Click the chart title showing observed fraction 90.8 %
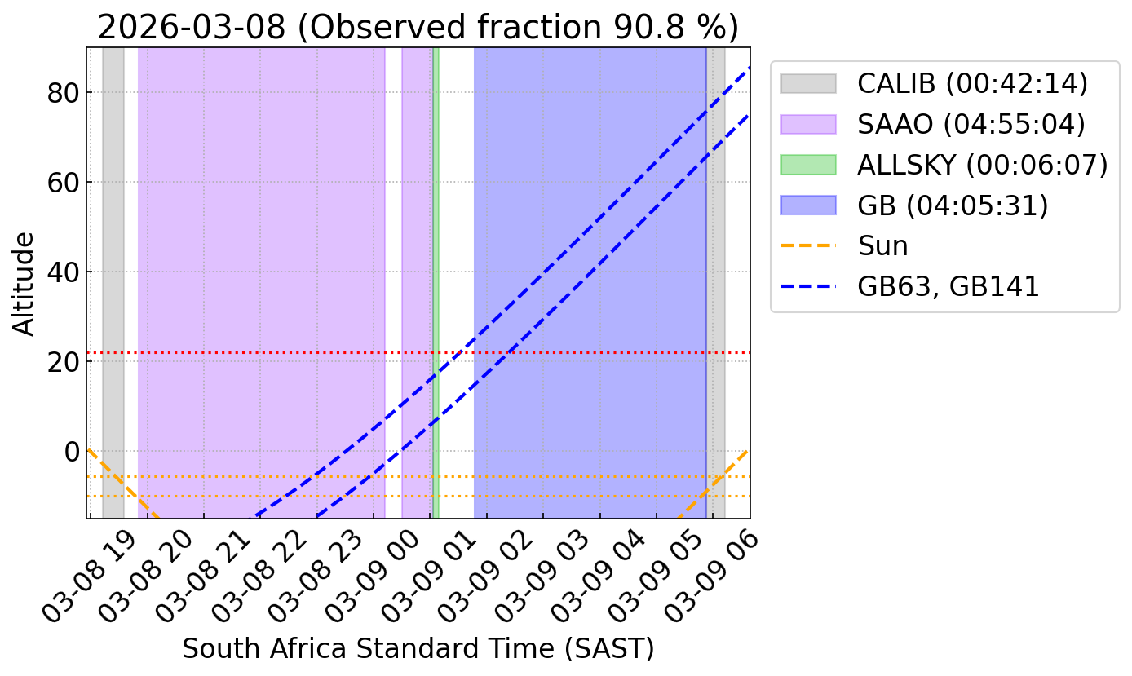click(418, 27)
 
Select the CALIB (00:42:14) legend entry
click(934, 83)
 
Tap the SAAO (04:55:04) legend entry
click(933, 124)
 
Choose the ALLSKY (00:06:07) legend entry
click(944, 165)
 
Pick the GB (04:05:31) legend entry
click(914, 205)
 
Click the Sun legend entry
click(844, 246)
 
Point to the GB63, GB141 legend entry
click(909, 286)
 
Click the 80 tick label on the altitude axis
click(63, 93)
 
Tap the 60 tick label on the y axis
click(63, 183)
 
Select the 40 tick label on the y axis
click(63, 272)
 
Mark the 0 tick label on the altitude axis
click(72, 452)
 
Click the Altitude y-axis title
click(23, 284)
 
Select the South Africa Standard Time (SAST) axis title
click(418, 649)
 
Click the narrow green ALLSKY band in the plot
click(436, 283)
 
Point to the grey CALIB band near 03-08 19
click(113, 283)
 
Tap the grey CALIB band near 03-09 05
click(715, 283)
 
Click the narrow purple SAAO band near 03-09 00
click(417, 283)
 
